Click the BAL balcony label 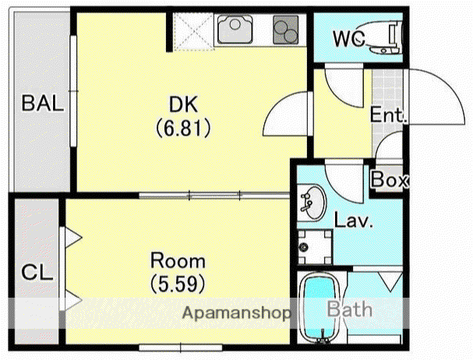[43, 103]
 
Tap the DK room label [183, 104]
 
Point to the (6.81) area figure [183, 128]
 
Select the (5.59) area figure [178, 284]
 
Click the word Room [178, 261]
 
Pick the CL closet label [37, 272]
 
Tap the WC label [349, 38]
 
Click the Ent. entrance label [389, 115]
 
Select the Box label [390, 179]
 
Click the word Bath [350, 309]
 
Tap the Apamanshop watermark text [236, 313]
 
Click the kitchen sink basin [235, 30]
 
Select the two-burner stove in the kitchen [286, 30]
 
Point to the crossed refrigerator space [194, 31]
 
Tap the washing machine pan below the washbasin [315, 247]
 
